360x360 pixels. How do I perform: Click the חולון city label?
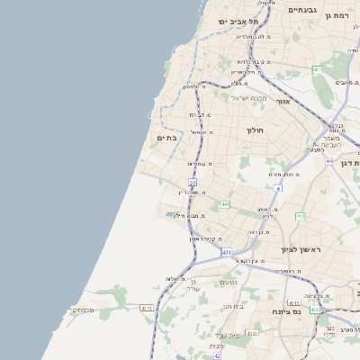coord(255,130)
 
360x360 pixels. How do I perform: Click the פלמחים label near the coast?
coord(83,310)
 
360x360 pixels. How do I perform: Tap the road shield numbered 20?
coord(193,183)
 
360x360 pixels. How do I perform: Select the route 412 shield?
coord(301,217)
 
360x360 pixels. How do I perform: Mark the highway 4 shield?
coord(279,189)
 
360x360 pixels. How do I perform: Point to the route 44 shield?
coord(329,161)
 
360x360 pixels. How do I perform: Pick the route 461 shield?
coord(317,69)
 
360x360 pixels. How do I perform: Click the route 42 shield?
coord(217,355)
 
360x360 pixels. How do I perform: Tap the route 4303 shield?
coord(146,308)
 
